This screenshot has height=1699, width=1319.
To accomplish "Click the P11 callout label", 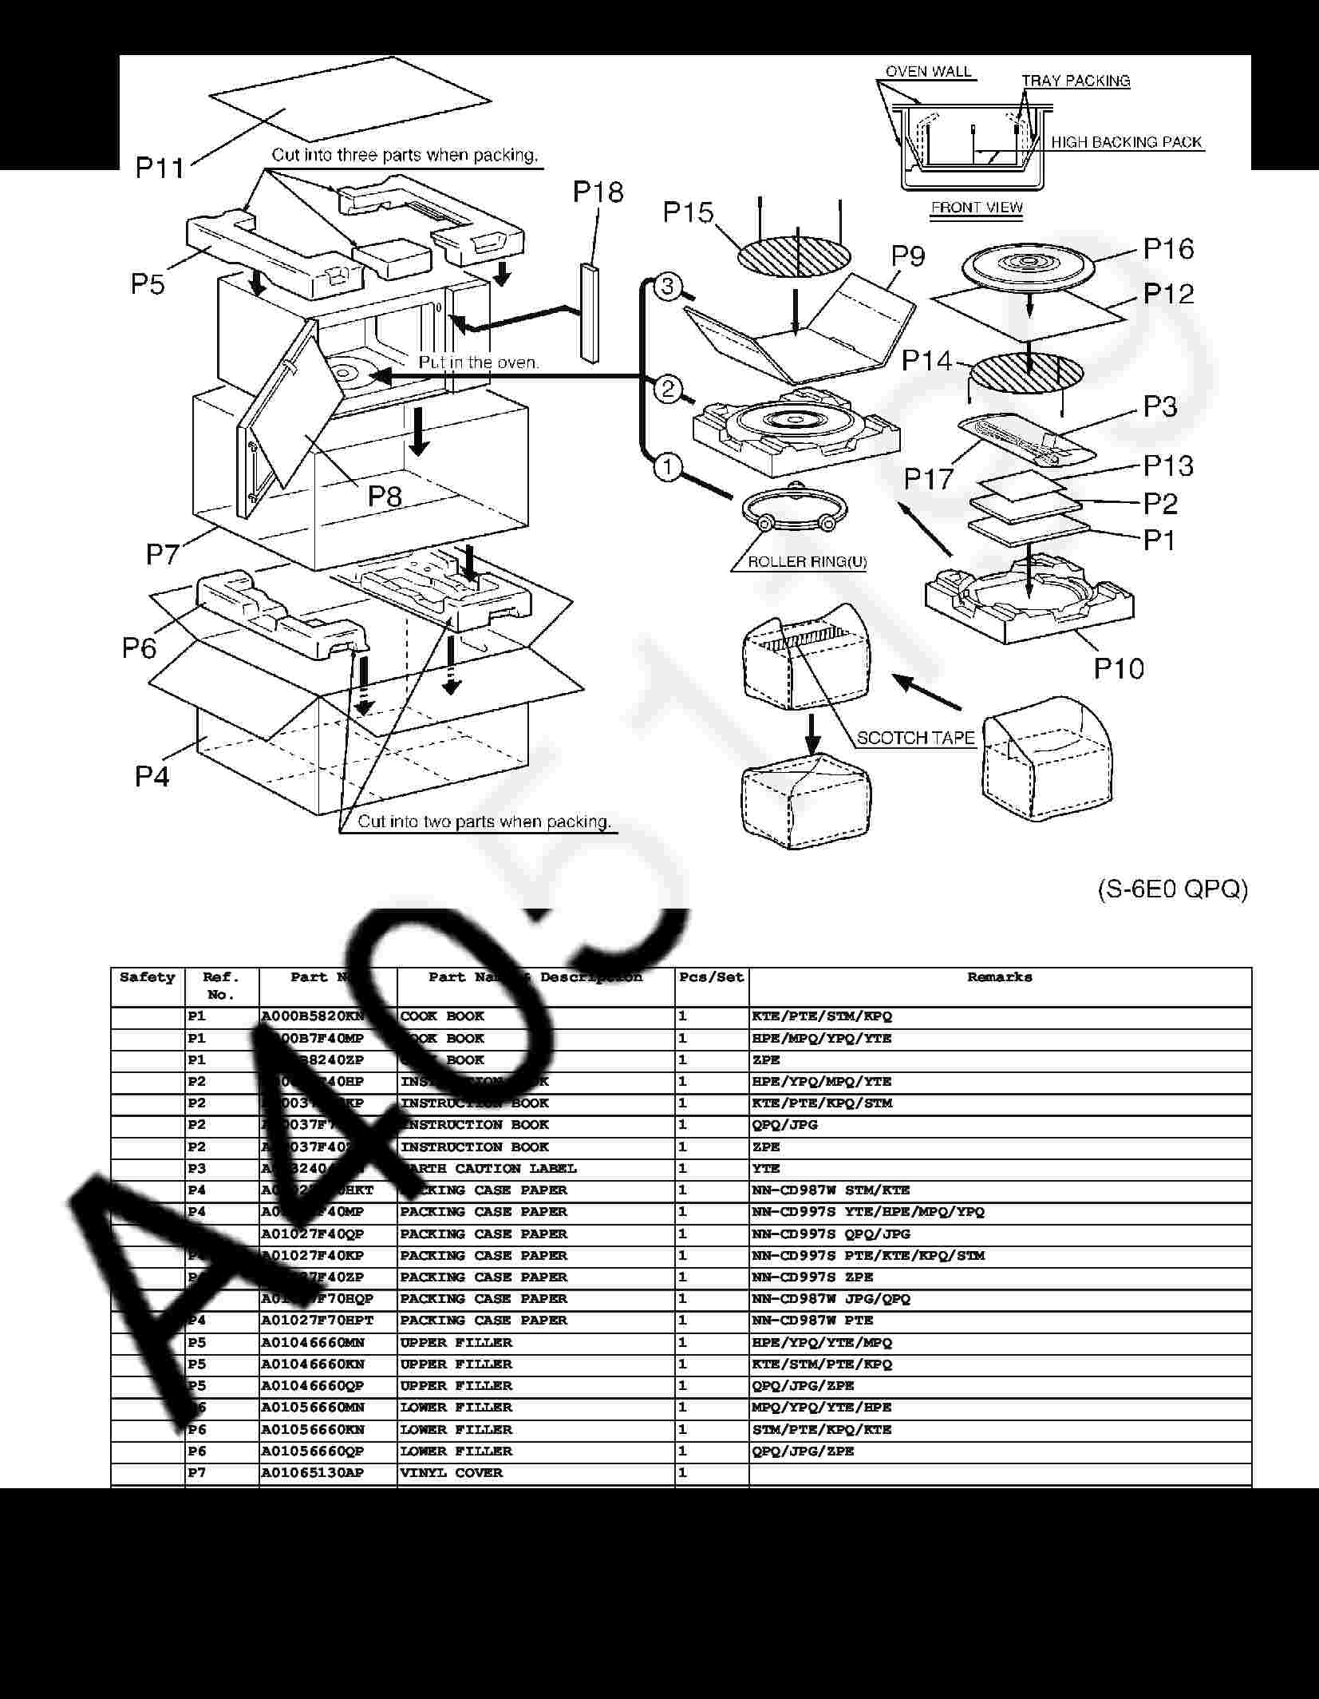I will point(160,168).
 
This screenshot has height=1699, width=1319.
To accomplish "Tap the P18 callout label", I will point(598,192).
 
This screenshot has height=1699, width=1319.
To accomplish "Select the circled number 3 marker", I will point(668,287).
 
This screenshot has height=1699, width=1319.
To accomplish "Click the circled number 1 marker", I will point(668,466).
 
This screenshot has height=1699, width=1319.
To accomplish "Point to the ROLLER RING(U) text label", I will point(807,562).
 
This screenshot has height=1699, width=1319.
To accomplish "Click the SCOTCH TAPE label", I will point(915,739).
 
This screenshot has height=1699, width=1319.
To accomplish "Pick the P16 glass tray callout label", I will point(1168,249).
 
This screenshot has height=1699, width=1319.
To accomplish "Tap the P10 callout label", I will point(1118,667).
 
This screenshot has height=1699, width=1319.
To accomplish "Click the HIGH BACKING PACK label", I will point(1126,143).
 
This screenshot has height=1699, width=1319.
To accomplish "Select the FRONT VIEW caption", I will point(977,208).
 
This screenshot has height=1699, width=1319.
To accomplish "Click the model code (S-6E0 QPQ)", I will point(1172,889).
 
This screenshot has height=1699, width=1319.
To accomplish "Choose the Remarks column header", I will point(999,977).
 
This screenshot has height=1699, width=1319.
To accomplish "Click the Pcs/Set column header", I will point(711,977).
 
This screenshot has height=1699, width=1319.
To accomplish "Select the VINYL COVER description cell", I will point(452,1473).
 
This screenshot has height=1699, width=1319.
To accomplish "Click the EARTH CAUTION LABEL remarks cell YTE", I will point(766,1169).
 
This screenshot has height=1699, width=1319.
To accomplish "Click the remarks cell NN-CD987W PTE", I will point(812,1321).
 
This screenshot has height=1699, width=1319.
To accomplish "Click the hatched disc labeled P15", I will point(793,255).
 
